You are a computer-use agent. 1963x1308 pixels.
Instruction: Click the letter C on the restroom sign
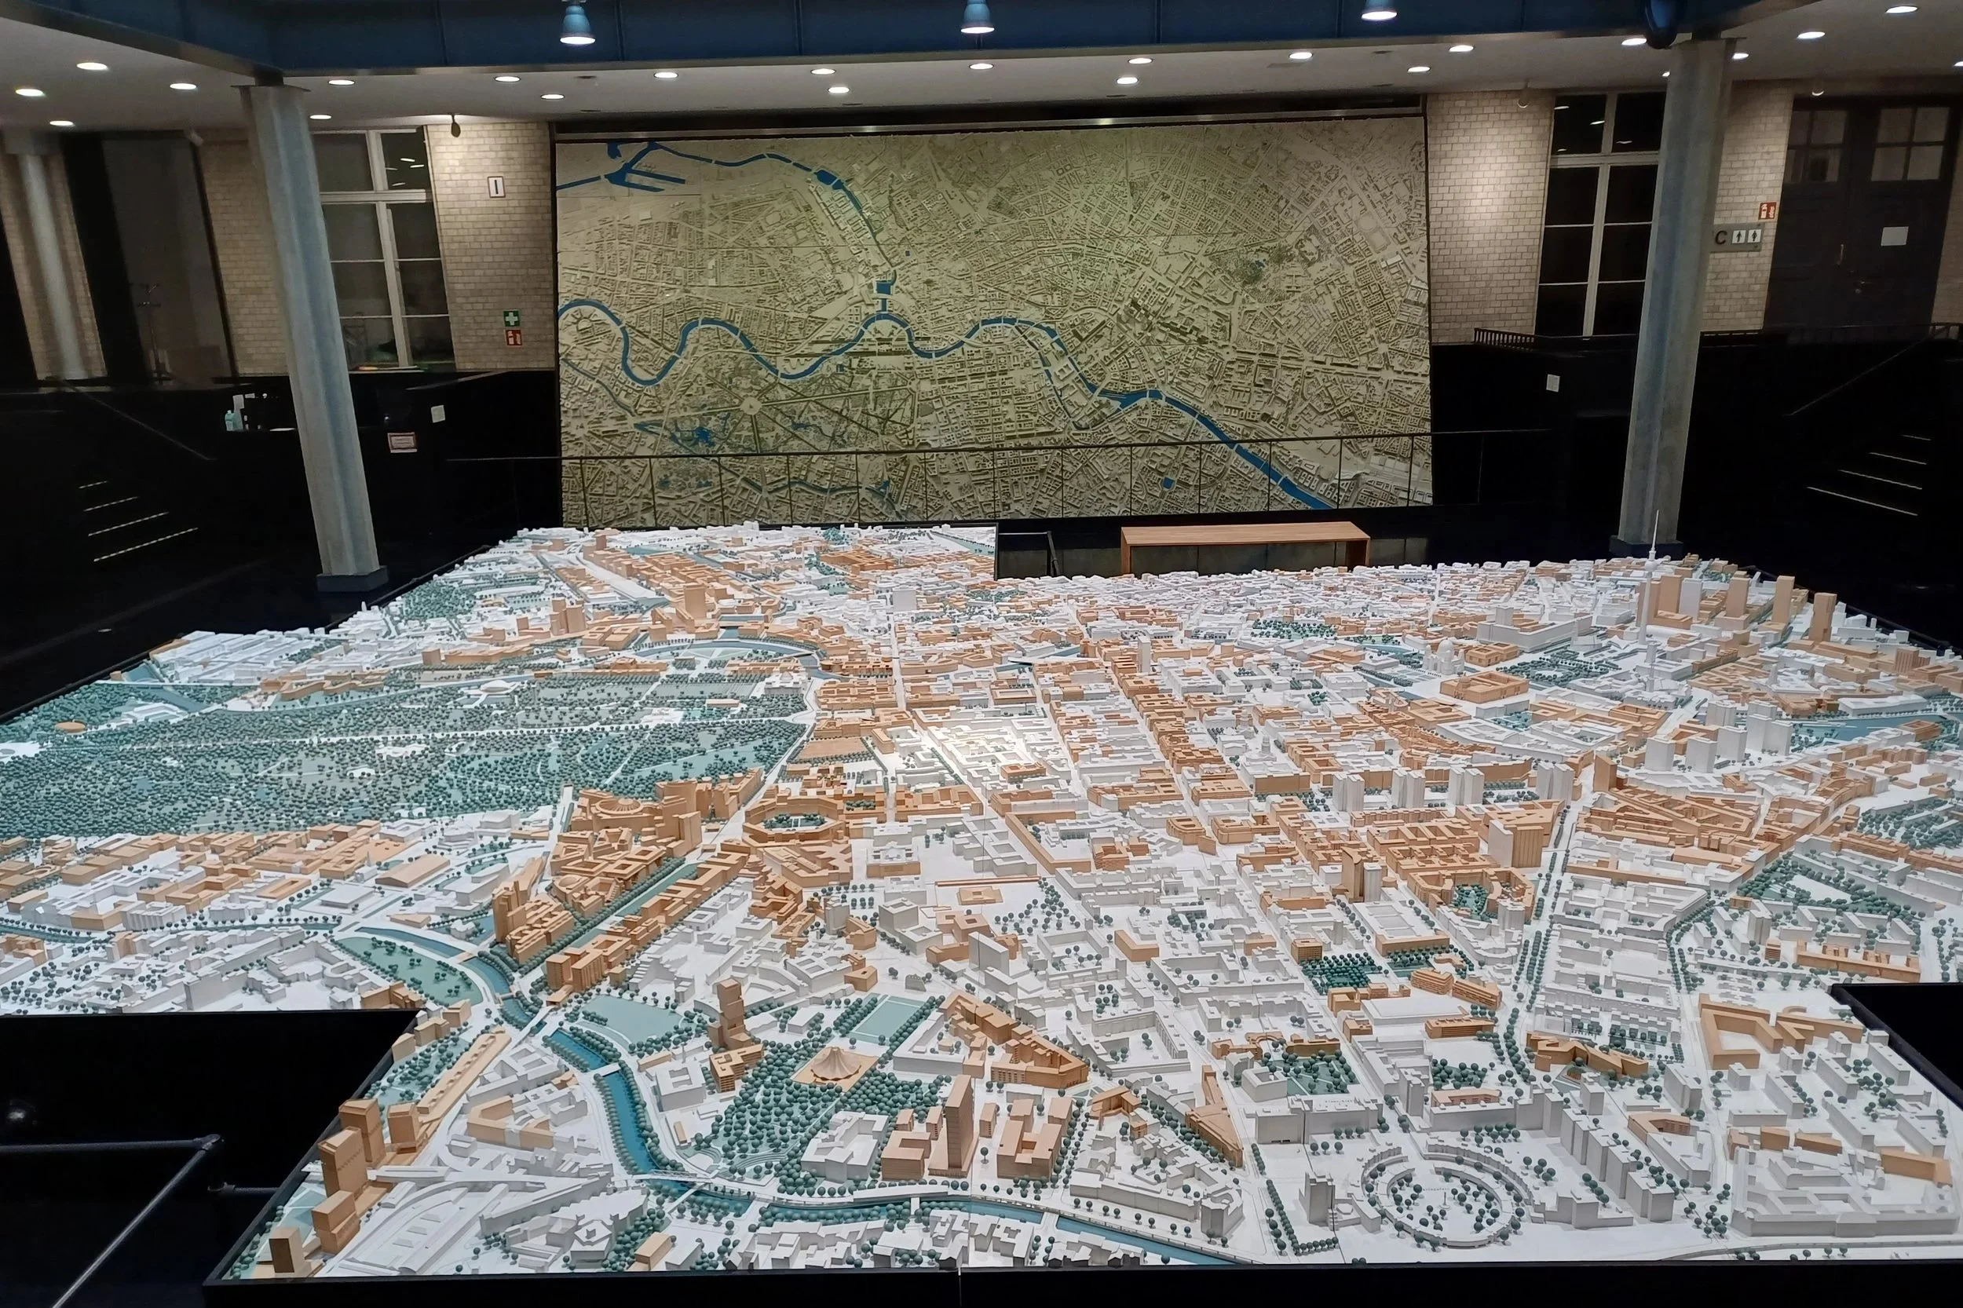tap(1720, 237)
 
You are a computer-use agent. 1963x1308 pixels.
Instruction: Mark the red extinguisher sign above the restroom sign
tap(1767, 210)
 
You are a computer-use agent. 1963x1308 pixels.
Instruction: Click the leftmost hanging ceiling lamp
tap(576, 24)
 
